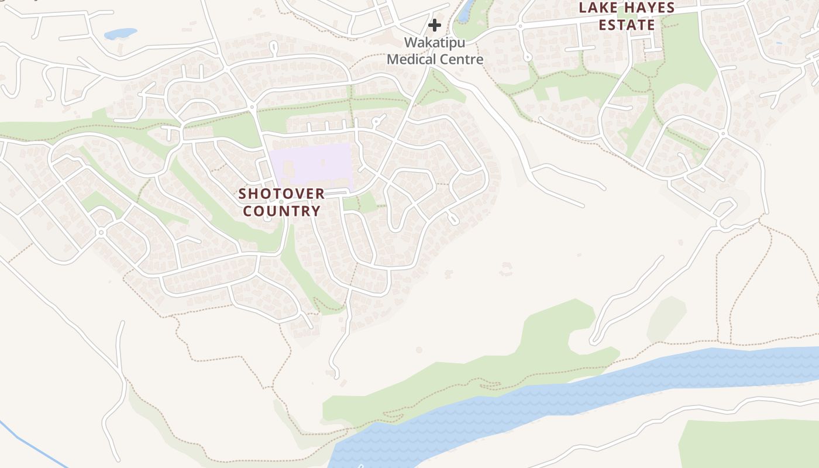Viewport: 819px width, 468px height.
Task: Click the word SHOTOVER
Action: [x=281, y=194]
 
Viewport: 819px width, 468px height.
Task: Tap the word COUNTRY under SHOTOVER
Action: [x=281, y=211]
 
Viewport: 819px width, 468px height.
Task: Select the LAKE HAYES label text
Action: [x=627, y=8]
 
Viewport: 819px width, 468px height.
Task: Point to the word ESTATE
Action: [x=627, y=25]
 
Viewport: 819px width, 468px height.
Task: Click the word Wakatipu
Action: [x=435, y=43]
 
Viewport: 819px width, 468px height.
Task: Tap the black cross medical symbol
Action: [x=434, y=25]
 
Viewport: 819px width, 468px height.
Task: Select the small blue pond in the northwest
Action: [x=120, y=34]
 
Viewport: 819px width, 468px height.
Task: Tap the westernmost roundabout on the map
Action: [x=101, y=232]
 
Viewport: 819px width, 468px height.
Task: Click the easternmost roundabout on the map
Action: [x=723, y=133]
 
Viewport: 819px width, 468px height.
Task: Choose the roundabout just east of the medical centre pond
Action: [x=519, y=26]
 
